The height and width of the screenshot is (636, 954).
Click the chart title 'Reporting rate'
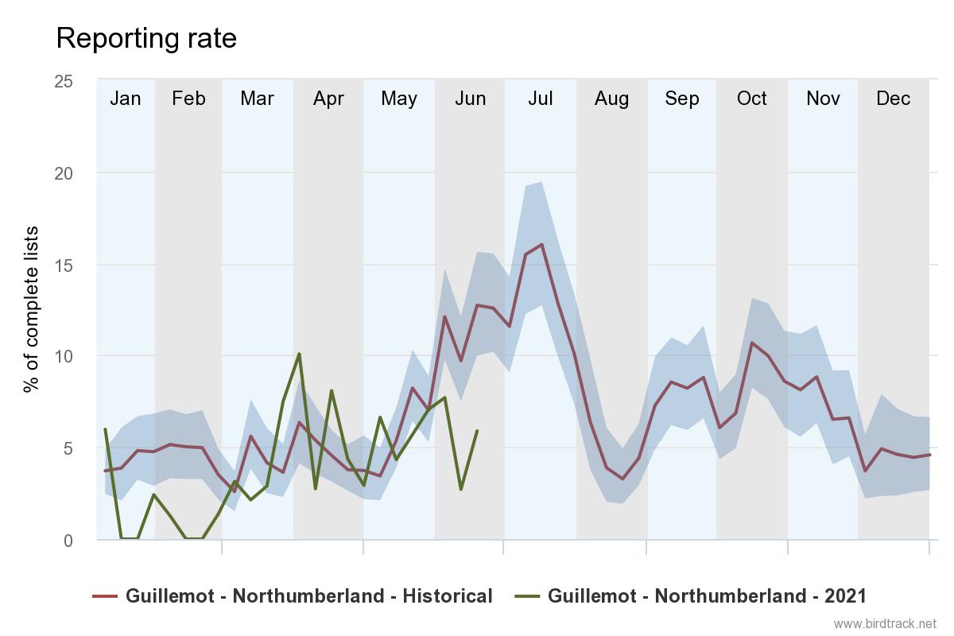click(146, 38)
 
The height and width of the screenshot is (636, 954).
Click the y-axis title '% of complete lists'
click(31, 310)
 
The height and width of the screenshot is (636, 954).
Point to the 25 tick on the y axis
click(63, 81)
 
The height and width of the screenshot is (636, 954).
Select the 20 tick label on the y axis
click(63, 173)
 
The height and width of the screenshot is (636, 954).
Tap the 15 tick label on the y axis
click(63, 265)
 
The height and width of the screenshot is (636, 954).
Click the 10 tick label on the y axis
click(63, 356)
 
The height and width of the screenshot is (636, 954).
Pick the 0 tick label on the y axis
click(68, 540)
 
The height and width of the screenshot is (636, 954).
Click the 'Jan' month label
click(125, 99)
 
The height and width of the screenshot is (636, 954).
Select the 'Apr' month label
click(328, 99)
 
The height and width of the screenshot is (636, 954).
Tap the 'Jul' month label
click(541, 99)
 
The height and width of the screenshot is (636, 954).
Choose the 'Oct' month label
click(752, 99)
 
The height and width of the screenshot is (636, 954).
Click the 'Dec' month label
click(893, 99)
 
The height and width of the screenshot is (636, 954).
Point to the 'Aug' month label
click(611, 99)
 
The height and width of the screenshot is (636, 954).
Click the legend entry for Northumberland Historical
click(293, 595)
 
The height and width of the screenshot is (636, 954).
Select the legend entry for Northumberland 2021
click(691, 595)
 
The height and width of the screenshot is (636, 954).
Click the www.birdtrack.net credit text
click(885, 623)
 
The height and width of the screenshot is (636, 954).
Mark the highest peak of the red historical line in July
click(541, 244)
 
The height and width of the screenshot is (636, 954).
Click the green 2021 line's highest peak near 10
click(299, 354)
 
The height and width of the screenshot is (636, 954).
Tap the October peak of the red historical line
click(752, 343)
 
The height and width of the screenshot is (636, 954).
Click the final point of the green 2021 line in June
click(477, 431)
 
